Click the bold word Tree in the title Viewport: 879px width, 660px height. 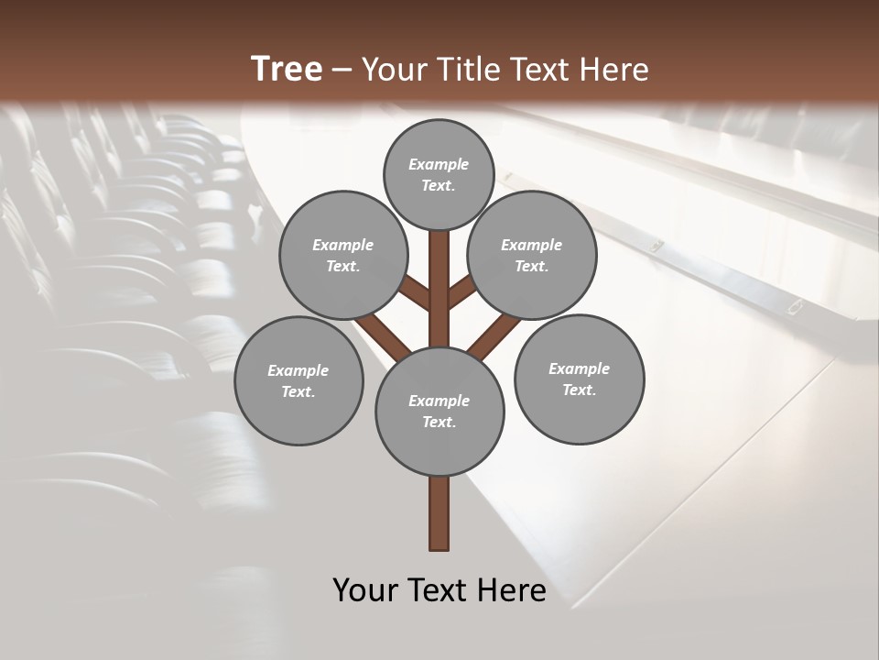point(287,70)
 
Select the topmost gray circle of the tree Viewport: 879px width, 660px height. point(439,174)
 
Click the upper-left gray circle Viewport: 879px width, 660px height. point(342,255)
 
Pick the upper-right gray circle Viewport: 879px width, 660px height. point(532,255)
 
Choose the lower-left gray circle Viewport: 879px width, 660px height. point(298,380)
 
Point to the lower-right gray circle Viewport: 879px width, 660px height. point(579,379)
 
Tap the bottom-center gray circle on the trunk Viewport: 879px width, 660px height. point(439,411)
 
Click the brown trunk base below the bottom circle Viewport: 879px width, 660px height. point(439,513)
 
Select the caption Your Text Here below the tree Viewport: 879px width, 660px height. point(439,589)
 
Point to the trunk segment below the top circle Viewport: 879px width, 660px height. point(439,284)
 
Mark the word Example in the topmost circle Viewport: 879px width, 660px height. point(439,164)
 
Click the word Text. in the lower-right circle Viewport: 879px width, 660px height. point(579,390)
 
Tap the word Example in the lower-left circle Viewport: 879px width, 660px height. point(298,370)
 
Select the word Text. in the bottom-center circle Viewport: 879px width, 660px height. point(439,422)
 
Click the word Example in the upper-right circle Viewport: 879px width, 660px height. point(532,245)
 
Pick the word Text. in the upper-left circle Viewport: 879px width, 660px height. point(342,266)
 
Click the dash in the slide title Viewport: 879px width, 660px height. point(342,71)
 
